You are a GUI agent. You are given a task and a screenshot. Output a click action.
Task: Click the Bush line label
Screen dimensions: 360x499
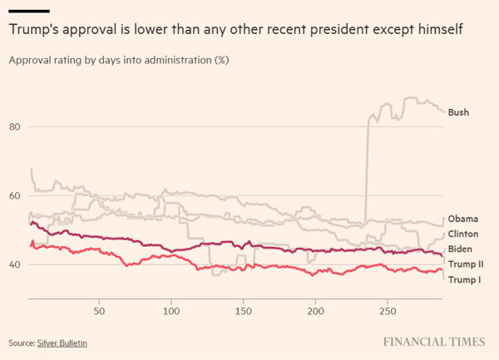click(x=457, y=111)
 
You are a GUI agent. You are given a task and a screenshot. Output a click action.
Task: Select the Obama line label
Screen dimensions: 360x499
click(x=462, y=219)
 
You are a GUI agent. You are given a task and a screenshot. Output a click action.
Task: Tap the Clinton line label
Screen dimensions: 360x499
click(x=462, y=234)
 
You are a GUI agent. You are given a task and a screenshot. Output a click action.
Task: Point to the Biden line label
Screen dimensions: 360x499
click(x=460, y=249)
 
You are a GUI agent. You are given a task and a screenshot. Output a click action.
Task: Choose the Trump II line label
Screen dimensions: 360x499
click(x=466, y=264)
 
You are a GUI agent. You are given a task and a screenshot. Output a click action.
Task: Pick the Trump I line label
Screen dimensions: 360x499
click(x=464, y=279)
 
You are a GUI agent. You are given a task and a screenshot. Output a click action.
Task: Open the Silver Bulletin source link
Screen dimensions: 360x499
click(x=62, y=343)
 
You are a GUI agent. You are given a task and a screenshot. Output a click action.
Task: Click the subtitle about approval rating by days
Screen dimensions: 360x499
click(x=119, y=61)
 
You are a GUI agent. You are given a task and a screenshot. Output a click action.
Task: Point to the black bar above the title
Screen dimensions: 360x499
click(x=29, y=11)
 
